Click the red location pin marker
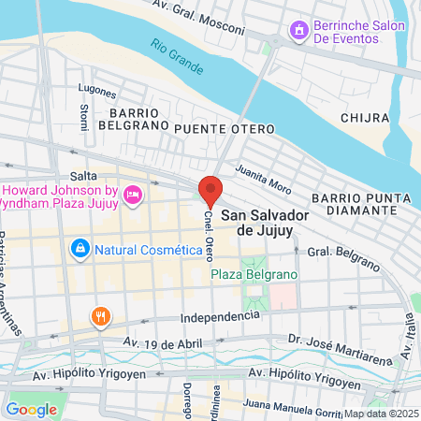[x=210, y=191]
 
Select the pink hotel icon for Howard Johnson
[x=132, y=195]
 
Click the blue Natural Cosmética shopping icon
[x=80, y=249]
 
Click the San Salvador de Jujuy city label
[x=265, y=221]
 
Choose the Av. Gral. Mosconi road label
[x=230, y=16]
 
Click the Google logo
[x=31, y=409]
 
